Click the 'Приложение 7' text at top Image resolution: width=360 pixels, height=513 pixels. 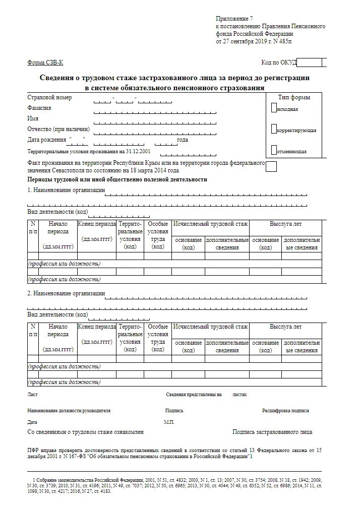pyautogui.click(x=234, y=18)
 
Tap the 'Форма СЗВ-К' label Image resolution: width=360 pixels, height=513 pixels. pyautogui.click(x=45, y=62)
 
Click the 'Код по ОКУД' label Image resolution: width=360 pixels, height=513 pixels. pyautogui.click(x=279, y=62)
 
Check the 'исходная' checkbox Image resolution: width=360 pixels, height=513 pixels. pyautogui.click(x=274, y=107)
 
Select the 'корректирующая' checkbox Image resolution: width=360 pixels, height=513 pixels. pyautogui.click(x=274, y=129)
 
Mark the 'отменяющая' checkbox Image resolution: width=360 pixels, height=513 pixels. pyautogui.click(x=274, y=150)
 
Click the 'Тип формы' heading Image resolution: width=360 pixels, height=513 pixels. pyautogui.click(x=294, y=97)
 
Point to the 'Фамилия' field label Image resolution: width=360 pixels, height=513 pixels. pyautogui.click(x=39, y=108)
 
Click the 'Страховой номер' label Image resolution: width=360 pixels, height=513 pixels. pyautogui.click(x=49, y=97)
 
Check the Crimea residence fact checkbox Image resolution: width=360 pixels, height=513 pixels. pyautogui.click(x=271, y=166)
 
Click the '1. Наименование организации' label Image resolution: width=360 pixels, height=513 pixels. pyautogui.click(x=66, y=190)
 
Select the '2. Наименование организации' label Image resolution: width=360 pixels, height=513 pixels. pyautogui.click(x=66, y=293)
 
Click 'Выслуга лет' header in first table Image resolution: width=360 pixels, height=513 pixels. pyautogui.click(x=285, y=224)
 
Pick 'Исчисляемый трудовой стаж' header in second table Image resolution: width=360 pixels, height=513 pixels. pyautogui.click(x=210, y=327)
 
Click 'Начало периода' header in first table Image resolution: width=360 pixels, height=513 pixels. pyautogui.click(x=58, y=227)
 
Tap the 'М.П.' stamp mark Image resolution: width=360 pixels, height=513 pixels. pyautogui.click(x=169, y=422)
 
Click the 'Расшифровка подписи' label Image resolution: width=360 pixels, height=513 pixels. pyautogui.click(x=285, y=411)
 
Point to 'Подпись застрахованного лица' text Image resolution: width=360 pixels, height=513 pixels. pyautogui.click(x=272, y=432)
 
